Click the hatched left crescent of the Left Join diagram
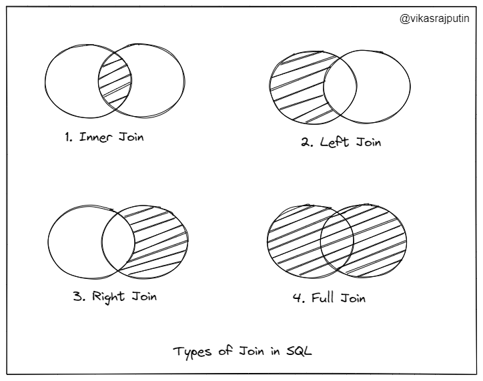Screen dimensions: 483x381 [x=294, y=87]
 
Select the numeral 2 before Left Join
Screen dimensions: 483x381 [x=305, y=143]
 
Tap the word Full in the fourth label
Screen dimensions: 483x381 [x=324, y=298]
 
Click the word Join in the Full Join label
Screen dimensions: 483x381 [x=353, y=298]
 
